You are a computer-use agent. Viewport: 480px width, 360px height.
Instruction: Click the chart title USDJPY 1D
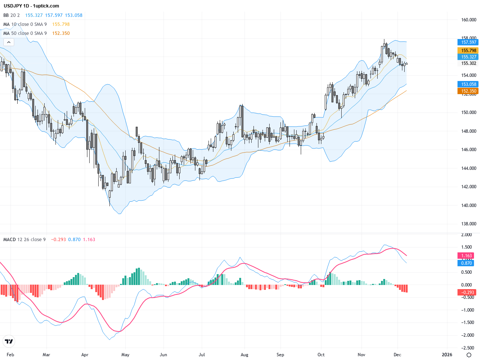click(17, 6)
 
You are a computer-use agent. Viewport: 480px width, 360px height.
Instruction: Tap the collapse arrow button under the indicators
click(9, 42)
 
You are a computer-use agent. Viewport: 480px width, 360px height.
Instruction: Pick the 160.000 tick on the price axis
click(469, 20)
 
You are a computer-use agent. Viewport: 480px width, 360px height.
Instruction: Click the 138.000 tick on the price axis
click(469, 224)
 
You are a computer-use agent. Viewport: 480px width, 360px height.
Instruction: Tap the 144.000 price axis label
click(469, 168)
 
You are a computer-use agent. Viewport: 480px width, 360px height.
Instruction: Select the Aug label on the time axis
click(244, 355)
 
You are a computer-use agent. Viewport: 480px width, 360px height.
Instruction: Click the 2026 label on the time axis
click(447, 355)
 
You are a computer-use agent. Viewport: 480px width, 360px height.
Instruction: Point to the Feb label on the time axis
click(10, 355)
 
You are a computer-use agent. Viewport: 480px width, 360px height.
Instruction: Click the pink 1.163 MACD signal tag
click(466, 256)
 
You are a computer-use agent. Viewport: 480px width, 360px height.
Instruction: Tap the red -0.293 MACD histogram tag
click(466, 292)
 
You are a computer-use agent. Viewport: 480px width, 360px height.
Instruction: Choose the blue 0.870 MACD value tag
click(466, 263)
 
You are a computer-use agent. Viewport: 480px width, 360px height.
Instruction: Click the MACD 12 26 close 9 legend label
click(24, 240)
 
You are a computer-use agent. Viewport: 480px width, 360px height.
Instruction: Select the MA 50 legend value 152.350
click(61, 33)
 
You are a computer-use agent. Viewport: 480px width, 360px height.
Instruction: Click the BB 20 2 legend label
click(12, 15)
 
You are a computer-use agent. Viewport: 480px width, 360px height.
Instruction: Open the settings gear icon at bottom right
click(469, 355)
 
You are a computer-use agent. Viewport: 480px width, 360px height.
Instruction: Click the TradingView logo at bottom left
click(9, 341)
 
